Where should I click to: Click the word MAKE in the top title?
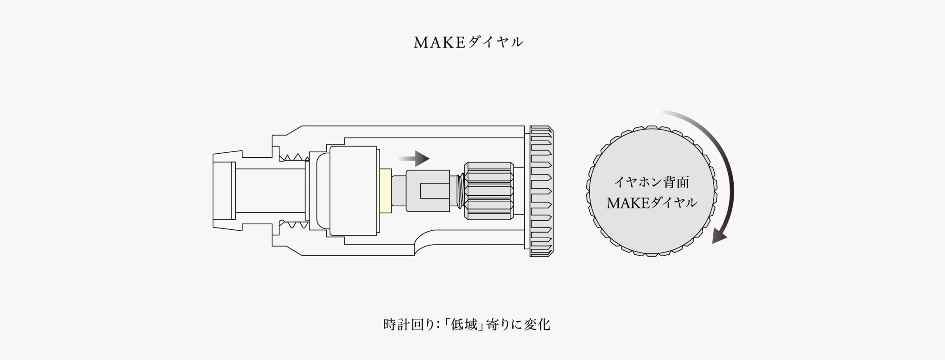point(438,42)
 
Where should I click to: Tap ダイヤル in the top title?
point(495,42)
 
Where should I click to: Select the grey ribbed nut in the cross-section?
point(489,191)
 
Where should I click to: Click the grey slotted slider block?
point(427,191)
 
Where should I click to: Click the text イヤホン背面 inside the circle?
point(651,182)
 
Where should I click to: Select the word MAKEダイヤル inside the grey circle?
point(651,203)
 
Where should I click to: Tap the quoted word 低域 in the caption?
point(464,324)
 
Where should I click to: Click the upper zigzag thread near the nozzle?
point(293,157)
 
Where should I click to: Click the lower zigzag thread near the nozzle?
point(293,225)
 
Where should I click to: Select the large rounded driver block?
point(353,191)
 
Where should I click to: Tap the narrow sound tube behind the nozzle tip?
point(270,191)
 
